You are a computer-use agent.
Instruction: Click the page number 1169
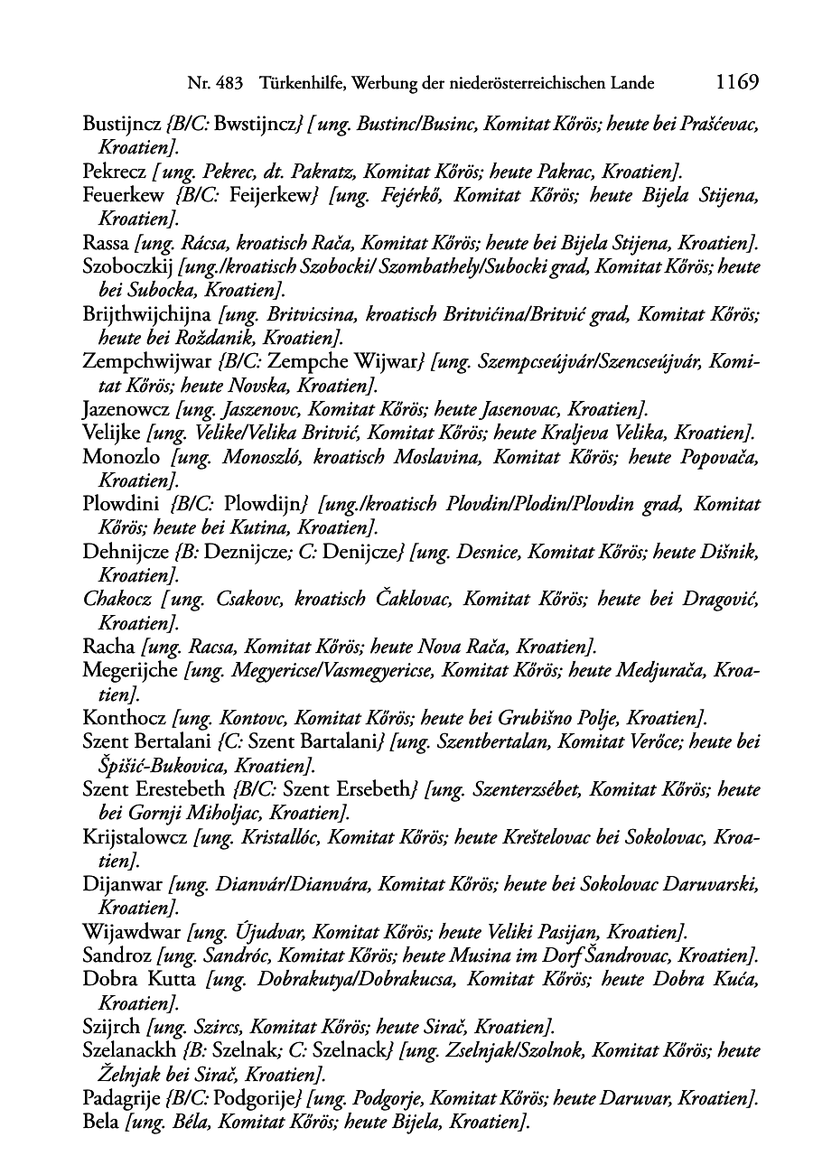tap(735, 83)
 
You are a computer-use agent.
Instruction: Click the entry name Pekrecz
tap(113, 171)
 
